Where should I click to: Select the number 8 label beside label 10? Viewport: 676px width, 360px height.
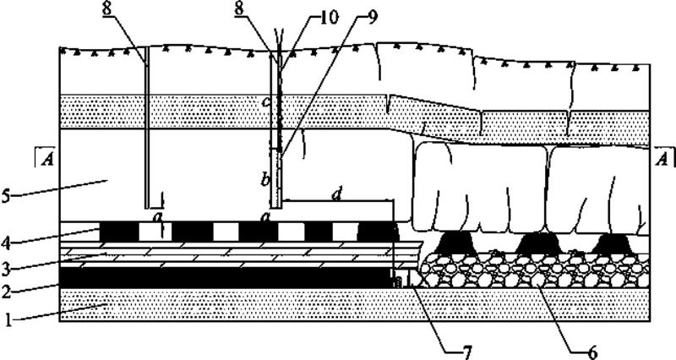click(266, 11)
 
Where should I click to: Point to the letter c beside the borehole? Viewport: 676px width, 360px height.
click(265, 103)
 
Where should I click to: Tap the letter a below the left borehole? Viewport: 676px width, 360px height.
click(155, 218)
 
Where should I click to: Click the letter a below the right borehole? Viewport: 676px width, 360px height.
click(265, 218)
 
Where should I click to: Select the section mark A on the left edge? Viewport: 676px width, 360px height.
click(46, 157)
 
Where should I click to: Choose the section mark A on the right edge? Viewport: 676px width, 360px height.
click(662, 157)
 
